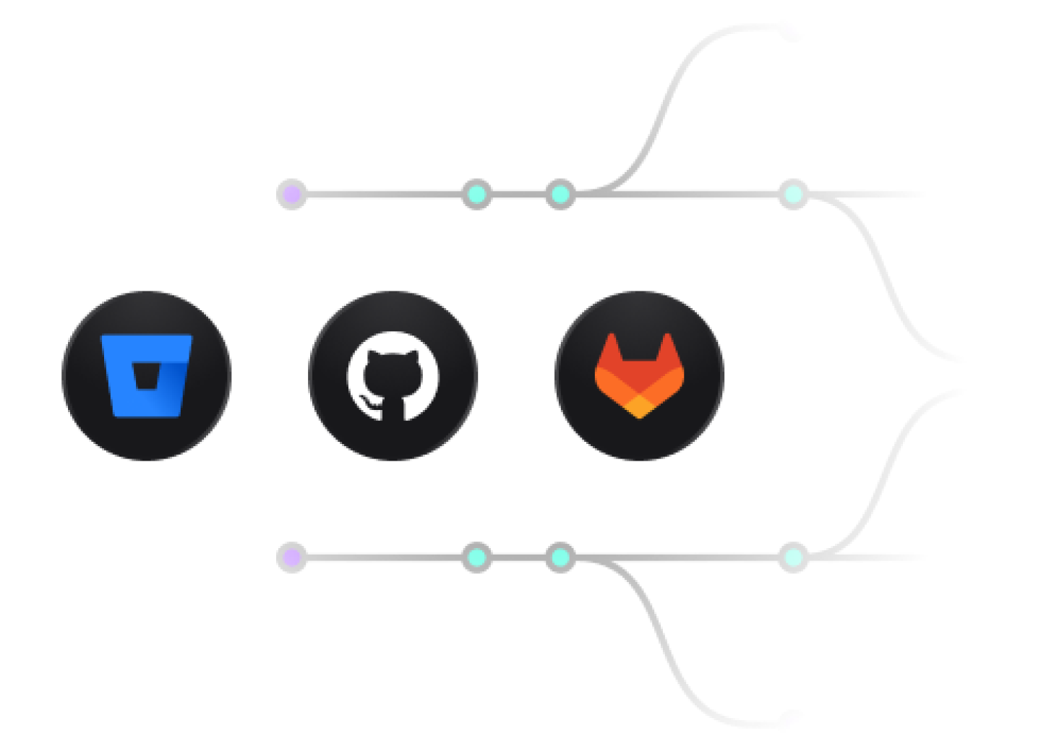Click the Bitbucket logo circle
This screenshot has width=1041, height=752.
point(147,375)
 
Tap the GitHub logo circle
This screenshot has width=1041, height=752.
point(393,375)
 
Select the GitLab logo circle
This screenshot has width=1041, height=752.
point(639,375)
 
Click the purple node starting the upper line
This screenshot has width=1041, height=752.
point(291,194)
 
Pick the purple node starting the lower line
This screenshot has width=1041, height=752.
point(291,557)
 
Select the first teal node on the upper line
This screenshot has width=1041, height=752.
point(476,194)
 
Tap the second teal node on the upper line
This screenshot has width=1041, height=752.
point(560,194)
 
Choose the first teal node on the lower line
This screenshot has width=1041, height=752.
point(476,557)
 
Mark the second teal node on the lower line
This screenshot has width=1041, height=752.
point(560,557)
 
